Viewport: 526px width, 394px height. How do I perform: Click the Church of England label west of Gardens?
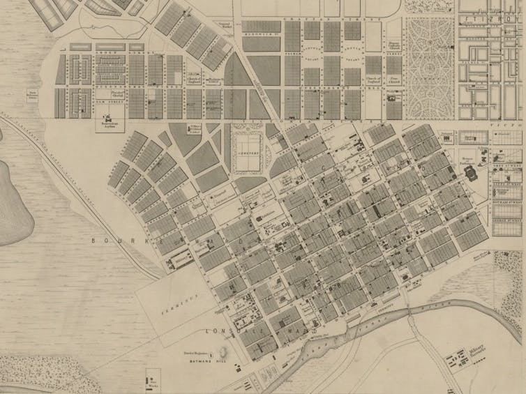coord(373,82)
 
